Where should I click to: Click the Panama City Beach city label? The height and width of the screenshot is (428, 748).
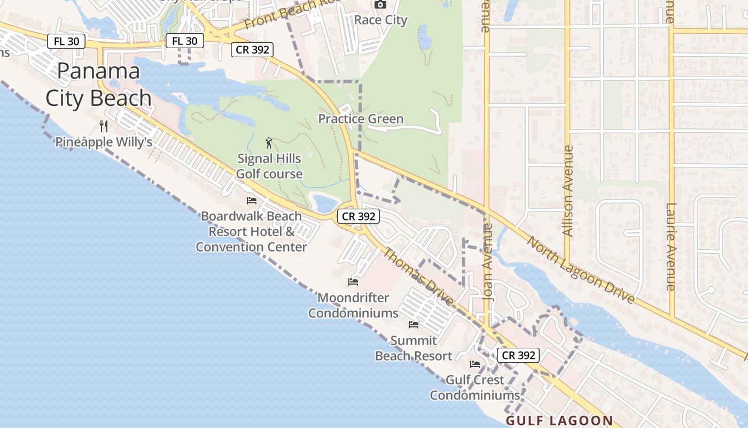click(98, 85)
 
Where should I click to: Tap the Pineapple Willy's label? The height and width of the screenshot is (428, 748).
click(104, 142)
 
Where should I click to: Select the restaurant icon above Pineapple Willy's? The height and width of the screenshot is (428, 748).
click(104, 126)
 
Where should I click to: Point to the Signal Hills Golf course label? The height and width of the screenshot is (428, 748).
click(269, 166)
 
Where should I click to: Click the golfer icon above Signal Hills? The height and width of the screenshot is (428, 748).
click(269, 143)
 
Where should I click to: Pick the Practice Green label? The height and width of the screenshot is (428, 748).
click(361, 119)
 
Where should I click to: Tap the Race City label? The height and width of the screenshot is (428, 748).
click(381, 20)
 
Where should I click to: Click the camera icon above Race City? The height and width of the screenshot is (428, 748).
click(380, 5)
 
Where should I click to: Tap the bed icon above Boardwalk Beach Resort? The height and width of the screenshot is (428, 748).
click(252, 201)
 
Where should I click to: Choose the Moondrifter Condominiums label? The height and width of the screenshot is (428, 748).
click(353, 305)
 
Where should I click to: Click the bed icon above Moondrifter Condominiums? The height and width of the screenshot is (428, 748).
click(353, 281)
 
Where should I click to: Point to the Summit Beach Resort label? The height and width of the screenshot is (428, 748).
click(414, 348)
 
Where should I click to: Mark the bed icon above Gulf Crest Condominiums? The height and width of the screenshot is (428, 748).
click(475, 364)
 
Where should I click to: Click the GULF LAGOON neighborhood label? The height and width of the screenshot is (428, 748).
click(559, 421)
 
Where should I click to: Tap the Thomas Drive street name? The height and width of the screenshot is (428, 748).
click(419, 277)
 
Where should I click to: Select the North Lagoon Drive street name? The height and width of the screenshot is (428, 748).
click(581, 270)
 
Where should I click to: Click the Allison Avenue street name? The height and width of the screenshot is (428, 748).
click(568, 191)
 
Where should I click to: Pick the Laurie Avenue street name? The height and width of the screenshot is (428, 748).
click(672, 247)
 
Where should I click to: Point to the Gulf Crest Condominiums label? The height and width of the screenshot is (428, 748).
click(475, 388)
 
